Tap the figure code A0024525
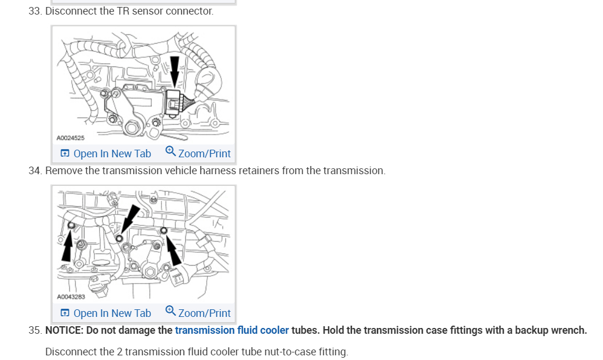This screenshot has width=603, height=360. tap(70, 138)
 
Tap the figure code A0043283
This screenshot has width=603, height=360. tap(70, 297)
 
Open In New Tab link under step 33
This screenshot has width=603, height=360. tap(105, 154)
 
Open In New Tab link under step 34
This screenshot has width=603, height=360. tap(105, 313)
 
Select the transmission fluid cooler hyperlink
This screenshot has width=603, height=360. tap(232, 330)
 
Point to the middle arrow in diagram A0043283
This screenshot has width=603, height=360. tap(129, 221)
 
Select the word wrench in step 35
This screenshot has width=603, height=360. tap(568, 330)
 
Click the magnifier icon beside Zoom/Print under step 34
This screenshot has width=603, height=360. tap(170, 311)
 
